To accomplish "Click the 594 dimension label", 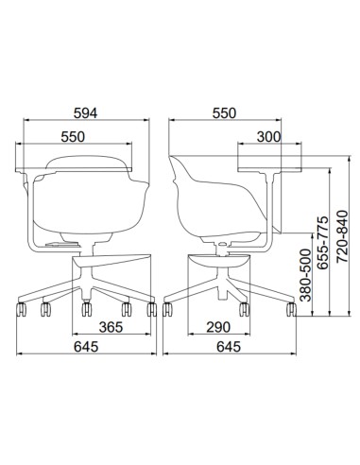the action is (x=85, y=113).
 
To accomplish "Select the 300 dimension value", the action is (x=268, y=137).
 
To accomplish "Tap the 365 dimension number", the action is (x=111, y=327).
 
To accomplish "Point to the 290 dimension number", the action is (x=218, y=327).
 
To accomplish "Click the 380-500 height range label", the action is (x=305, y=275).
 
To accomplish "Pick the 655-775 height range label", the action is (x=323, y=243).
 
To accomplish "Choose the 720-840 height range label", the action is (x=342, y=236).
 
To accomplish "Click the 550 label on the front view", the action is (x=73, y=137).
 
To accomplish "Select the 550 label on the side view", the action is (x=224, y=113).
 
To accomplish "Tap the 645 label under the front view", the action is (x=86, y=347).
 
